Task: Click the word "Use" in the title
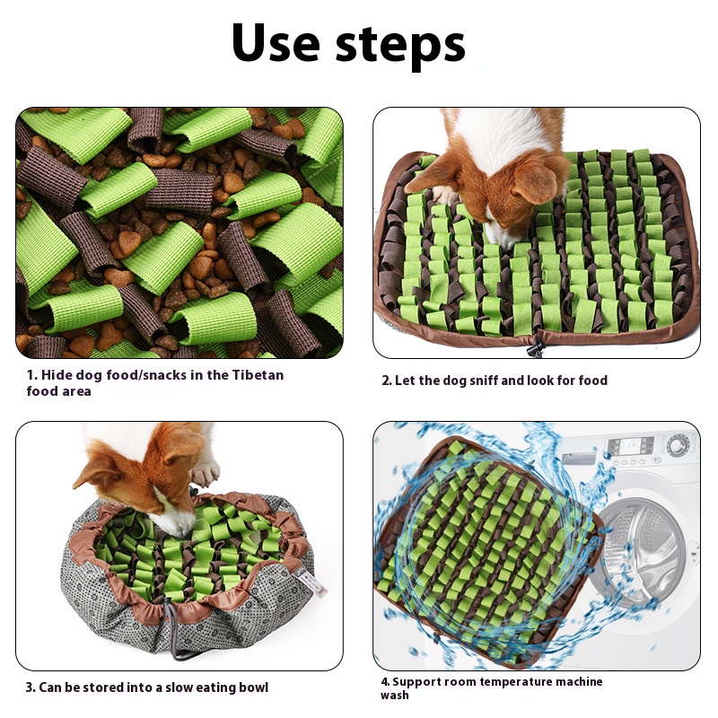click(276, 42)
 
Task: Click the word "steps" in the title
click(400, 46)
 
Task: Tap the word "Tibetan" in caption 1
click(258, 375)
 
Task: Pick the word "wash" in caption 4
click(394, 696)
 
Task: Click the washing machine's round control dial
click(679, 445)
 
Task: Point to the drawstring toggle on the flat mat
click(534, 349)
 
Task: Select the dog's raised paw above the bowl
click(206, 473)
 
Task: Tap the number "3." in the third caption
click(31, 687)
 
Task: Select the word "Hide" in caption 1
click(57, 375)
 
